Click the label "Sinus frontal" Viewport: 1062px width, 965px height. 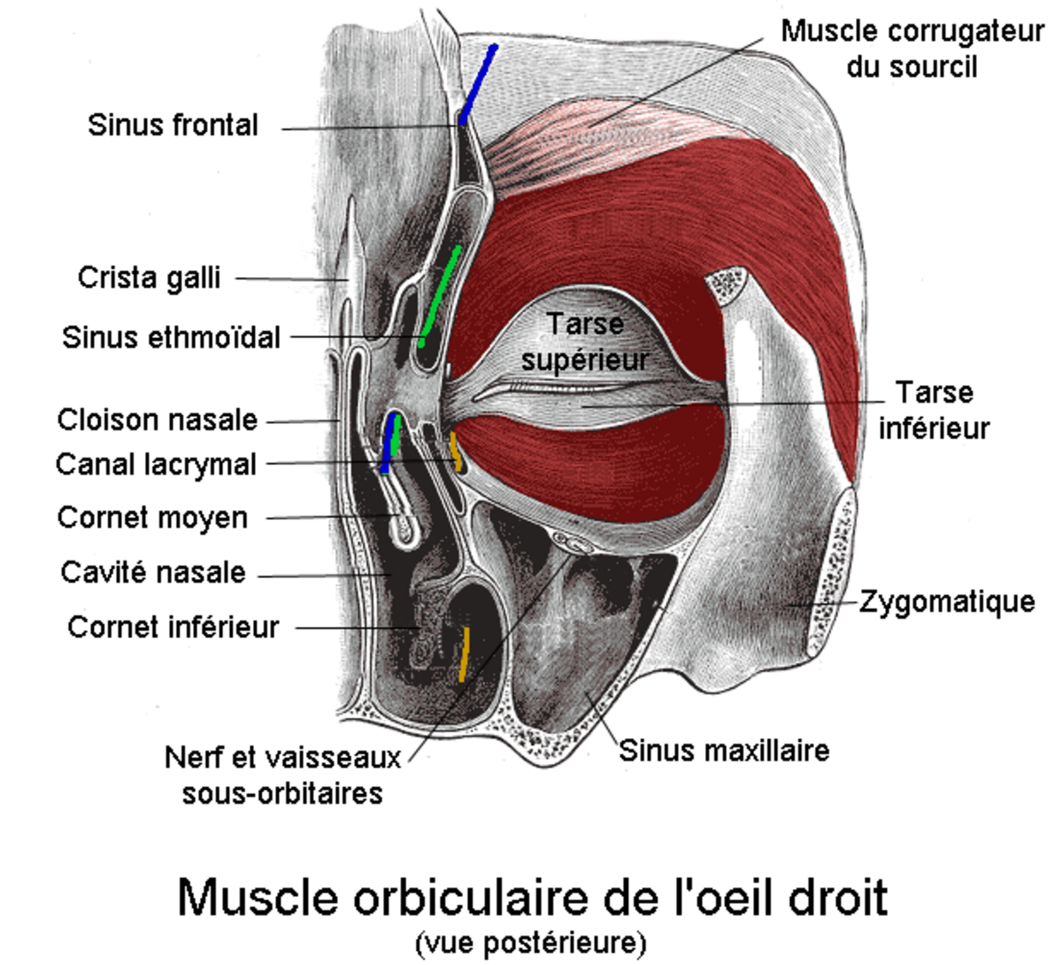pyautogui.click(x=173, y=125)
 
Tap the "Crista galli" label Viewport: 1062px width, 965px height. pyautogui.click(x=149, y=277)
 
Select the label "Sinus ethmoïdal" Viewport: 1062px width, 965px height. pyautogui.click(x=171, y=337)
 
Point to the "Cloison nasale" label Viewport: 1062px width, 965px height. pyautogui.click(x=157, y=420)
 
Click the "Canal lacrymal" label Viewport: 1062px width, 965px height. pyautogui.click(x=156, y=464)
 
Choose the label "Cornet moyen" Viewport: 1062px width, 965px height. pyautogui.click(x=152, y=517)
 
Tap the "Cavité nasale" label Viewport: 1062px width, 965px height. pyautogui.click(x=152, y=572)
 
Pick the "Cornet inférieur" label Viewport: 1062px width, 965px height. pyautogui.click(x=173, y=627)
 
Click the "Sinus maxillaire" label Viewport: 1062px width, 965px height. pyautogui.click(x=724, y=751)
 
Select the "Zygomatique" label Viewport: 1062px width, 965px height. pyautogui.click(x=947, y=602)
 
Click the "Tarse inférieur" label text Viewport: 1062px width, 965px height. pyautogui.click(x=934, y=410)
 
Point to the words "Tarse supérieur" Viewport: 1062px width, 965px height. pyautogui.click(x=585, y=342)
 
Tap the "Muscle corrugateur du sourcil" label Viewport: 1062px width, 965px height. pyautogui.click(x=912, y=49)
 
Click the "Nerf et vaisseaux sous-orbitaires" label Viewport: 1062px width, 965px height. pyautogui.click(x=282, y=775)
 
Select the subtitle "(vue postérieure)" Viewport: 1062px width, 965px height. pyautogui.click(x=530, y=941)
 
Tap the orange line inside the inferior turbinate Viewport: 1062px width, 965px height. pyautogui.click(x=463, y=654)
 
